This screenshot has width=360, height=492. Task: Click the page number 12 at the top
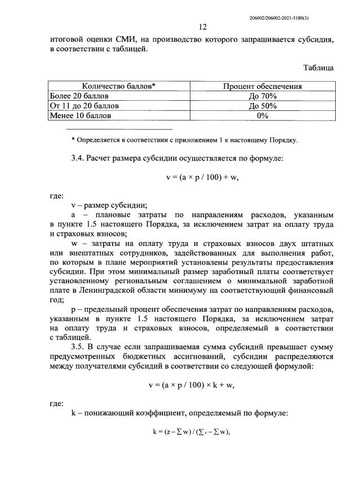click(203, 28)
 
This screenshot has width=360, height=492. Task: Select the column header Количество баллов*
click(119, 86)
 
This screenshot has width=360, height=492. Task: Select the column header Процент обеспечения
click(262, 86)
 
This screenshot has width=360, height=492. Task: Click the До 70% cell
click(262, 96)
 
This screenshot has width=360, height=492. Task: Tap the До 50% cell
click(262, 105)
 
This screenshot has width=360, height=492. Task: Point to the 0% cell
click(262, 115)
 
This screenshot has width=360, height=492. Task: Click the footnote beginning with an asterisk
click(184, 140)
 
